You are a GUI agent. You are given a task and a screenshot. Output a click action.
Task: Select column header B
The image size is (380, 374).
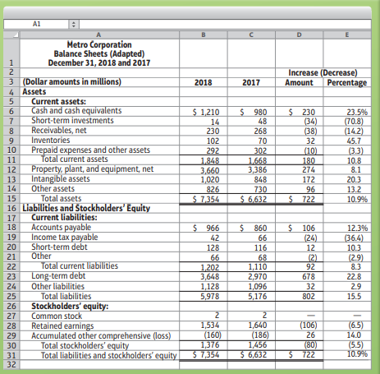pyautogui.click(x=204, y=35)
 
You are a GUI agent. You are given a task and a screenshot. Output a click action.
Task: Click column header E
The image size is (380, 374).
pyautogui.click(x=347, y=35)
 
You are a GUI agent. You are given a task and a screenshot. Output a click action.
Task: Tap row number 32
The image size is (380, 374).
pyautogui.click(x=11, y=365)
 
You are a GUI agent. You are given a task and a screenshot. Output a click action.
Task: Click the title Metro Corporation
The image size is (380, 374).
pyautogui.click(x=99, y=44)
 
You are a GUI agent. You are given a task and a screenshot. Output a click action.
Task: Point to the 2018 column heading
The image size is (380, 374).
pyautogui.click(x=204, y=82)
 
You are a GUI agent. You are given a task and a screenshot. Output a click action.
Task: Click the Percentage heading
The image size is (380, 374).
pyautogui.click(x=347, y=82)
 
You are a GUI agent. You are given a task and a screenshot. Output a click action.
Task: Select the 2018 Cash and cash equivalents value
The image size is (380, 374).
pyautogui.click(x=206, y=112)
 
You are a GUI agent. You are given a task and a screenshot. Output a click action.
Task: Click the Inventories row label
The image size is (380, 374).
pyautogui.click(x=51, y=141)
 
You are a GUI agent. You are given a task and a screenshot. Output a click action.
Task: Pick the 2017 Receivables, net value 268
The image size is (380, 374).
pyautogui.click(x=260, y=131)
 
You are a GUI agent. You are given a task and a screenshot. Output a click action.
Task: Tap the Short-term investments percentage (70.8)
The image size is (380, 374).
pyautogui.click(x=354, y=122)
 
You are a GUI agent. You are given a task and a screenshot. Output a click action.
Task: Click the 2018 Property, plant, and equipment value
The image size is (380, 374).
pyautogui.click(x=210, y=170)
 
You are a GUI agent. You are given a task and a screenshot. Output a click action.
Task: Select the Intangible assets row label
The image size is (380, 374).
pyautogui.click(x=61, y=179)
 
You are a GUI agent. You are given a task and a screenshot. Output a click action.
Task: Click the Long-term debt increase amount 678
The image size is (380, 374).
pyautogui.click(x=309, y=277)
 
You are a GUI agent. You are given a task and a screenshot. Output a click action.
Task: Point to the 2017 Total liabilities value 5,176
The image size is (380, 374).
pyautogui.click(x=258, y=297)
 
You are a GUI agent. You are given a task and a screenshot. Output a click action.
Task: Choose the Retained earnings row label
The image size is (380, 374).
pyautogui.click(x=62, y=326)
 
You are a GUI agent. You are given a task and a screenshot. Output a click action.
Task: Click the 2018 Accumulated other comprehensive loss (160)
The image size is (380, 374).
pyautogui.click(x=213, y=335)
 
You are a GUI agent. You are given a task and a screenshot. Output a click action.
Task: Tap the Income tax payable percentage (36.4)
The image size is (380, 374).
pyautogui.click(x=354, y=238)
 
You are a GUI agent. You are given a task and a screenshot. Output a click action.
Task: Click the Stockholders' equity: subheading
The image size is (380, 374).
pyautogui.click(x=70, y=306)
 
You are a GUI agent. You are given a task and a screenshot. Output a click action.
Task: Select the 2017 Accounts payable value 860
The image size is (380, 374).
pyautogui.click(x=254, y=228)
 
